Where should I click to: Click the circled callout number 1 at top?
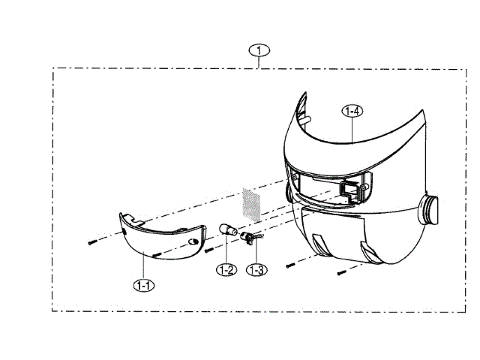coord(259,51)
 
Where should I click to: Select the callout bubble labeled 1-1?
coord(143,285)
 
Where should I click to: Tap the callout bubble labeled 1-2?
coord(227,268)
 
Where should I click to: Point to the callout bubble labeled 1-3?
coord(256,268)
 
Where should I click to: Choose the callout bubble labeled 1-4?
coord(352,111)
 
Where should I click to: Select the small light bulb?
coord(227,229)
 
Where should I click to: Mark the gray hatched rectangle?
coord(250,204)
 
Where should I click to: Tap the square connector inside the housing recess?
coord(349,189)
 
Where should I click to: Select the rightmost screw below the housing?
coord(341,271)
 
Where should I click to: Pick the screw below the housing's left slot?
coord(291,264)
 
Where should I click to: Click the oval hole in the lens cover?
coord(193,241)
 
